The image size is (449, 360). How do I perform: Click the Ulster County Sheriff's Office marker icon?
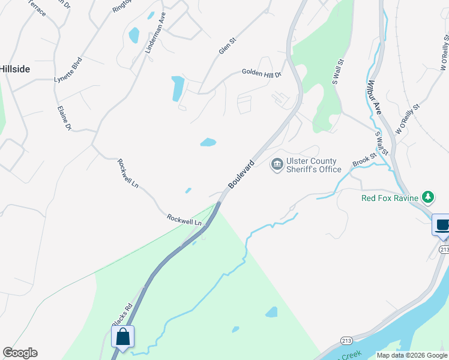277,164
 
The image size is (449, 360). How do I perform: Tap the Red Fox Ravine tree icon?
427,197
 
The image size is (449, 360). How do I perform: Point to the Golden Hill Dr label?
261,73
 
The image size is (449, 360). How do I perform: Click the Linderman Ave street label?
155,33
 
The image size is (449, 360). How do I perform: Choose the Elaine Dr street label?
64,118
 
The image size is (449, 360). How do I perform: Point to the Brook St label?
364,160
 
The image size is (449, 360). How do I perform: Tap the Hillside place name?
14,69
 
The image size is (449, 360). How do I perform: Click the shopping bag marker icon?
122,338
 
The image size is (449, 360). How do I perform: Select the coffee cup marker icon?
442,226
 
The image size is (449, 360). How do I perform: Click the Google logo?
20,353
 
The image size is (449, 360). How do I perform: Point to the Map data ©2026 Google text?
411,355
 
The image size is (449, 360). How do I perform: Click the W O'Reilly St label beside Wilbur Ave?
407,118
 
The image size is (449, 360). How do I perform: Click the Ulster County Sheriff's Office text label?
313,165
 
